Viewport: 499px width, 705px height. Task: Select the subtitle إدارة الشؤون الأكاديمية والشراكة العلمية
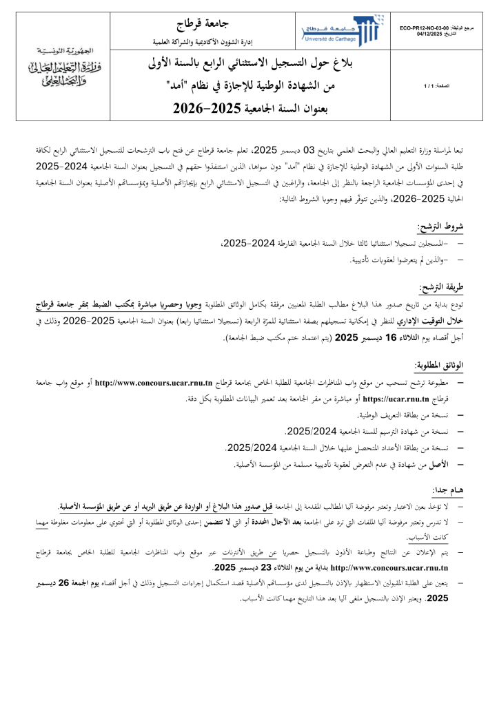click(205, 42)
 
